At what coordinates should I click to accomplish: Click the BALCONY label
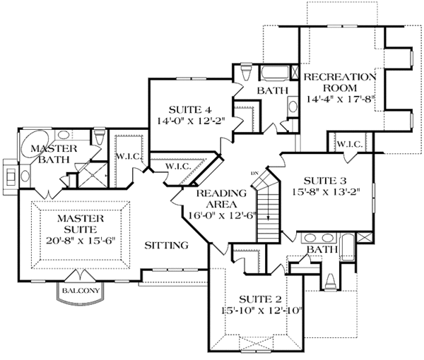point(78,290)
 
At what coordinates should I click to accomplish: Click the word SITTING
point(166,246)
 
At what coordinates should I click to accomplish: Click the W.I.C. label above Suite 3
point(350,144)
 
